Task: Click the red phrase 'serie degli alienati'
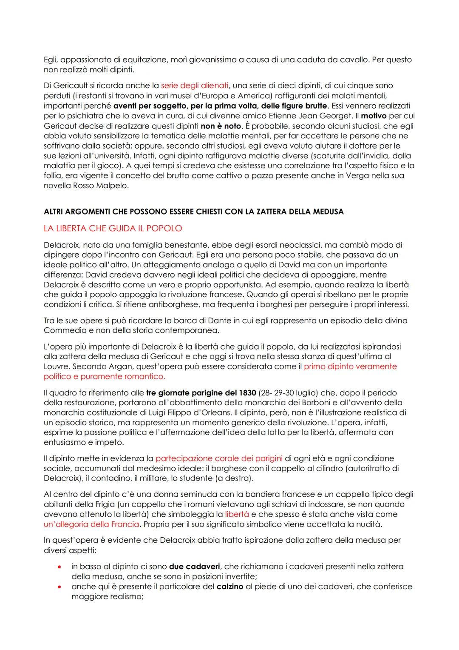coord(195,86)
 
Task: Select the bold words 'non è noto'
coord(221,126)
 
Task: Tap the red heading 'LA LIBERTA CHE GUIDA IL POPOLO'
coord(113,229)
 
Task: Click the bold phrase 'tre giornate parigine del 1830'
coord(201,393)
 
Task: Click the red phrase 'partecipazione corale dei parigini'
coord(219,458)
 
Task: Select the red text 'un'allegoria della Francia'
coord(91,524)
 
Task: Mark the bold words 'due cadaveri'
coord(194,567)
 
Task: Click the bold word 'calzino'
coord(230,587)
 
